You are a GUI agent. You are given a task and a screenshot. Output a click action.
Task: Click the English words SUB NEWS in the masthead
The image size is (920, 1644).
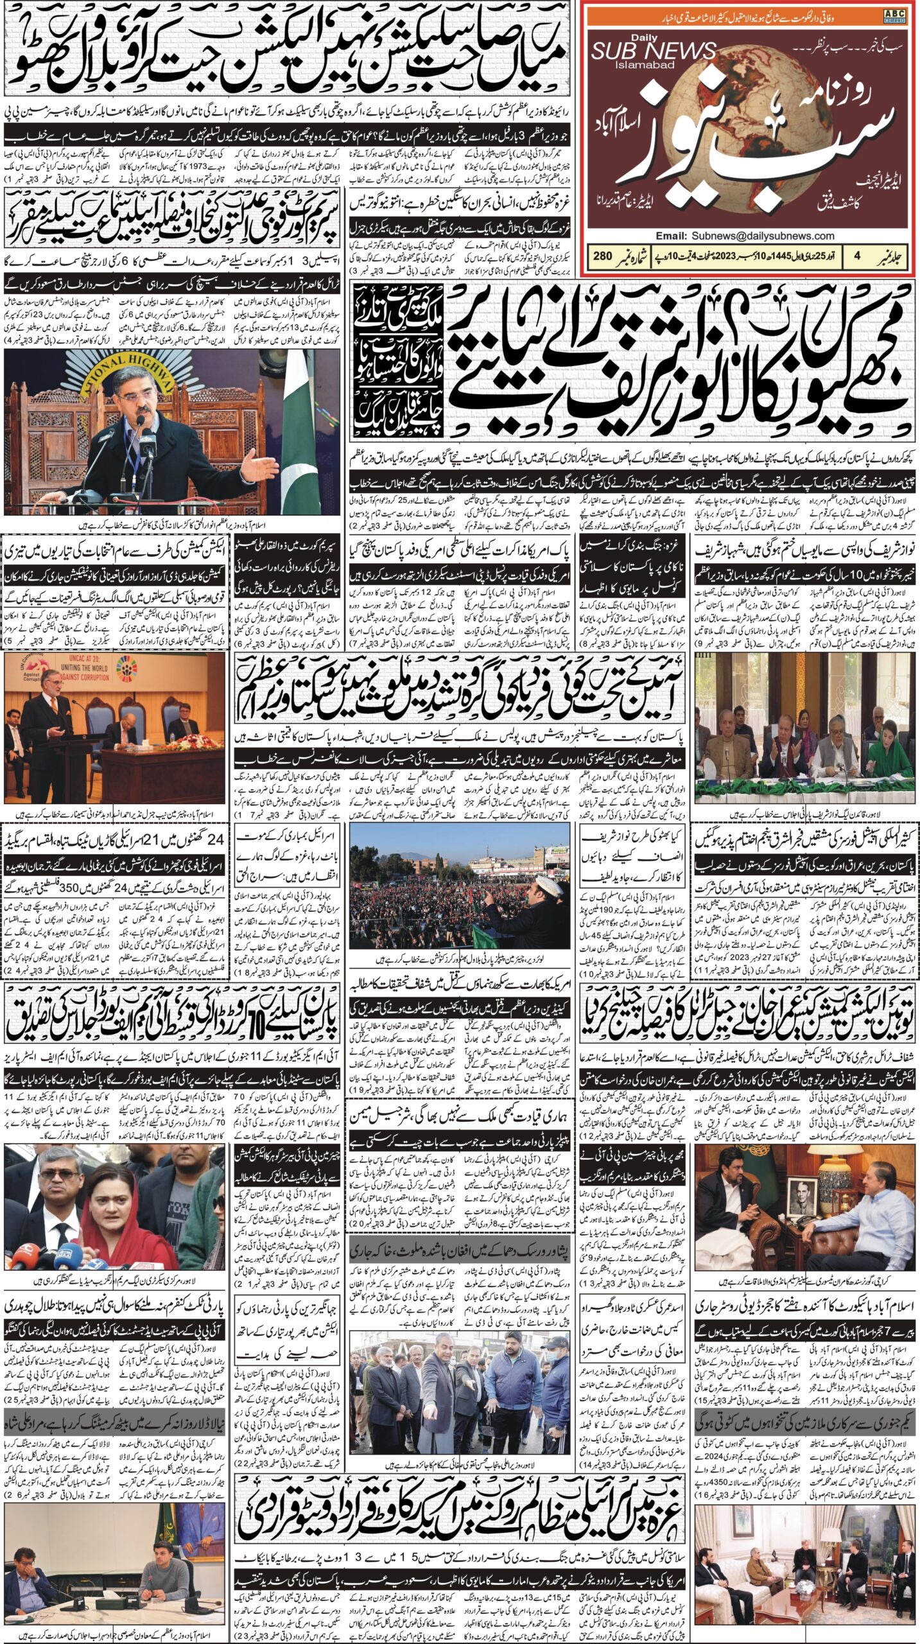point(653,51)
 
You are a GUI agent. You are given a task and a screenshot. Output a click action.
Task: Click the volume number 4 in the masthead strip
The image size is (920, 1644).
point(856,256)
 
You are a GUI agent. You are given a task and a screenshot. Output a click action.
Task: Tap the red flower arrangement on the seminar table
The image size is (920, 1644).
point(148,742)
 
